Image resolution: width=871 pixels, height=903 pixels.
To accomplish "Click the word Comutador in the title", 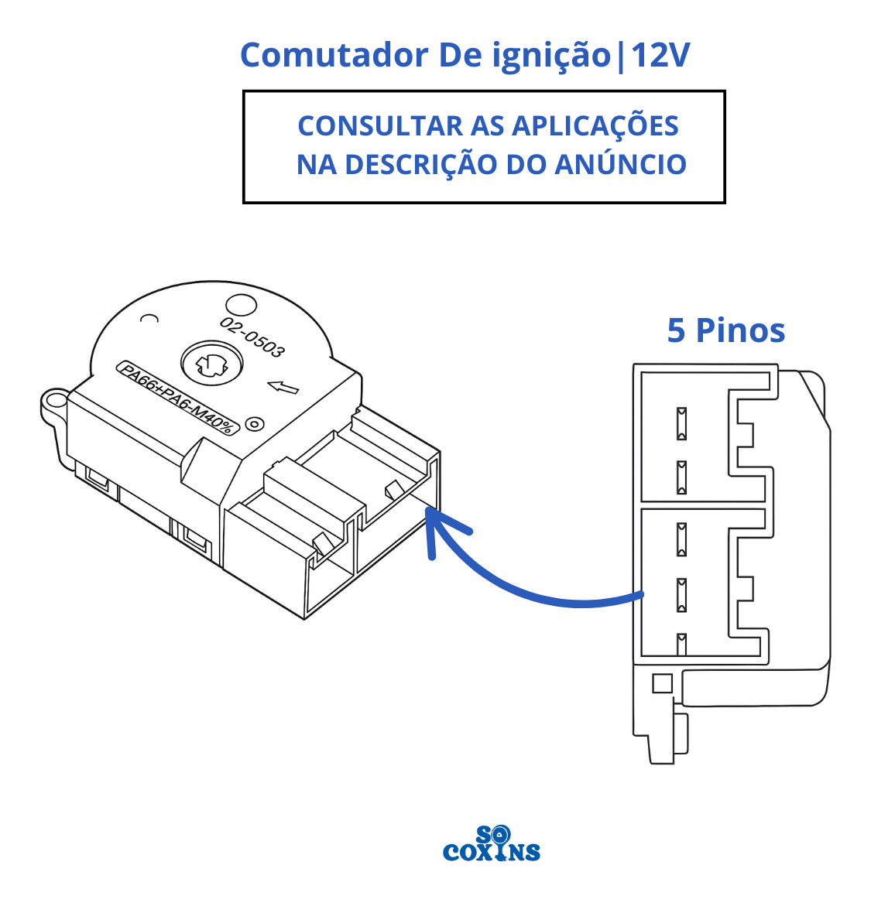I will (334, 55).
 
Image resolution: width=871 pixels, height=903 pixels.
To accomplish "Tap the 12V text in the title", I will (660, 55).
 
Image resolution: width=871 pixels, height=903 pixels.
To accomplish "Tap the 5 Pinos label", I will (725, 330).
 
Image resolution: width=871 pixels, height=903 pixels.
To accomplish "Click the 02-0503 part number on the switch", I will (252, 337).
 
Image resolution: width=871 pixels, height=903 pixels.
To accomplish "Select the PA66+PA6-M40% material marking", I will (177, 397).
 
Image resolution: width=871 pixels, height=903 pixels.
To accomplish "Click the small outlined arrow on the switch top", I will (283, 386).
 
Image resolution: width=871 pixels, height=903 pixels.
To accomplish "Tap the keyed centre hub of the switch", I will (211, 362).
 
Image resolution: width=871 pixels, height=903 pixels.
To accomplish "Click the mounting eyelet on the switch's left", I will (54, 401).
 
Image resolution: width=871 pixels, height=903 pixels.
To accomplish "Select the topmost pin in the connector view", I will (681, 422).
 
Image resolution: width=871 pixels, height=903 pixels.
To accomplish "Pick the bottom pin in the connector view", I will (681, 644).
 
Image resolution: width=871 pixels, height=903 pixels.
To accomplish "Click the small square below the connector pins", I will (662, 682).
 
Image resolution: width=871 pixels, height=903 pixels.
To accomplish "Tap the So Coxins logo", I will (492, 844).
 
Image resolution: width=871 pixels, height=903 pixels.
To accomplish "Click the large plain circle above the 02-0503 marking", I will (239, 307).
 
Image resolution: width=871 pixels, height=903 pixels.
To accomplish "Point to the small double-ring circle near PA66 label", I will (254, 423).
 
